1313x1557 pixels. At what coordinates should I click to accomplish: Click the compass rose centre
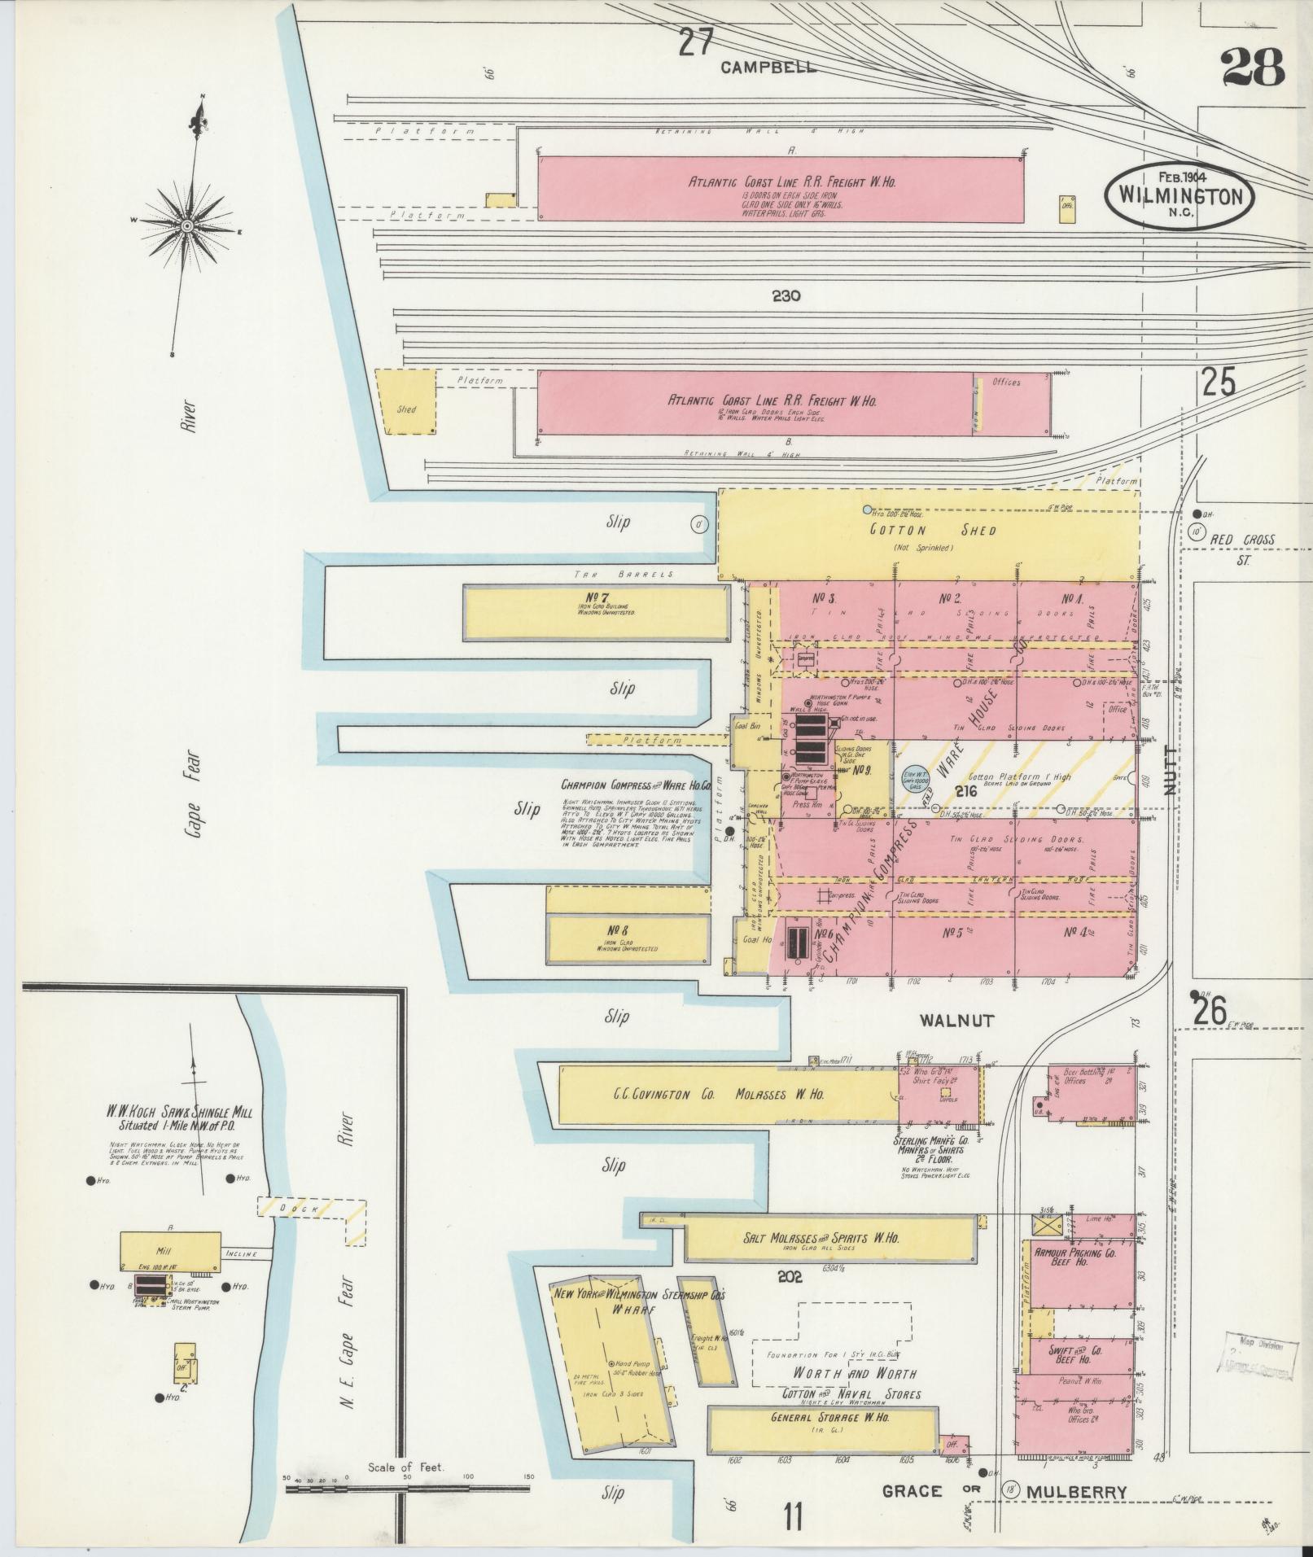(186, 225)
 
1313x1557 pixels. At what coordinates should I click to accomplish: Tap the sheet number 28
(1252, 68)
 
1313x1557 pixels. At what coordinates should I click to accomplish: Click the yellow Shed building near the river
(405, 402)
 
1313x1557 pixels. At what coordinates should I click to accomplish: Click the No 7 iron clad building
(596, 613)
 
